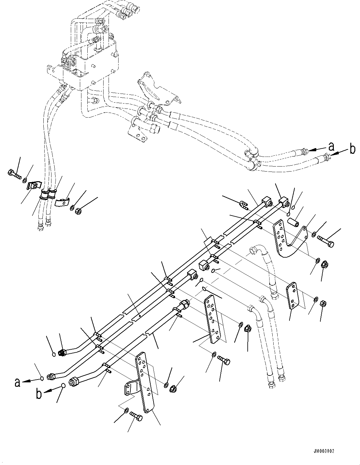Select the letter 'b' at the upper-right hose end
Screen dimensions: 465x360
click(x=352, y=149)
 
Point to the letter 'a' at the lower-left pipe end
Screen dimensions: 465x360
click(x=18, y=382)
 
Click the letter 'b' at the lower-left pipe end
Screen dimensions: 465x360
click(x=39, y=394)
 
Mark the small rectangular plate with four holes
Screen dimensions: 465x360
click(x=294, y=295)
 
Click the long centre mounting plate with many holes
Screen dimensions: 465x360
click(x=214, y=320)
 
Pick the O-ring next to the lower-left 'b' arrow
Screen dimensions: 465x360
click(x=63, y=385)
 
